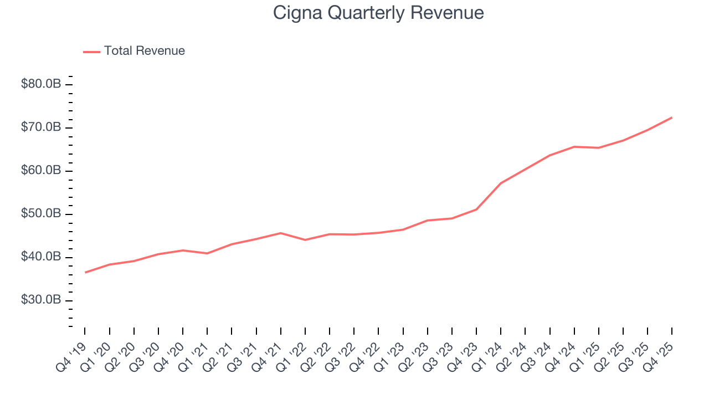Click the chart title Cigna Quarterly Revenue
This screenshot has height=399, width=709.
click(x=378, y=13)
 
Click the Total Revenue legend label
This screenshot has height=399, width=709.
click(x=144, y=51)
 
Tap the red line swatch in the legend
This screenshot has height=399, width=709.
click(x=91, y=52)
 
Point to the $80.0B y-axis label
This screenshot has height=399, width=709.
click(x=40, y=84)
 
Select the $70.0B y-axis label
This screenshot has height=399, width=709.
click(x=40, y=127)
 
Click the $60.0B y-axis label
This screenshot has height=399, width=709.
click(x=40, y=171)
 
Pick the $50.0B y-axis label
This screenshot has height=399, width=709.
click(x=40, y=214)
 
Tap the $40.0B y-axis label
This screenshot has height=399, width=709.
click(x=40, y=257)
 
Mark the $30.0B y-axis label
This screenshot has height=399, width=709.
click(x=40, y=300)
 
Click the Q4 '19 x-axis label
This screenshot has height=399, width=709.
click(x=73, y=352)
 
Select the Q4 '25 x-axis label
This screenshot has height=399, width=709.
click(x=660, y=352)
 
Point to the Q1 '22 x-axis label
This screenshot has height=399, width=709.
click(x=293, y=352)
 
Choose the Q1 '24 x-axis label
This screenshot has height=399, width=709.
click(x=489, y=352)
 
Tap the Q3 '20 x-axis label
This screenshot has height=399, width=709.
click(x=146, y=352)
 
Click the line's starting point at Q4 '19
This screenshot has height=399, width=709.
click(x=85, y=272)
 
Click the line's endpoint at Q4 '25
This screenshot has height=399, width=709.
click(x=672, y=117)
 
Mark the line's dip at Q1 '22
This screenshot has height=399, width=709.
click(x=305, y=240)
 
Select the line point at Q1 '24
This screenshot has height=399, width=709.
click(x=501, y=183)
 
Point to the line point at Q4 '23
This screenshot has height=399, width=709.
click(x=476, y=209)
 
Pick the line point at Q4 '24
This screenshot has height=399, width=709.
click(x=574, y=147)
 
